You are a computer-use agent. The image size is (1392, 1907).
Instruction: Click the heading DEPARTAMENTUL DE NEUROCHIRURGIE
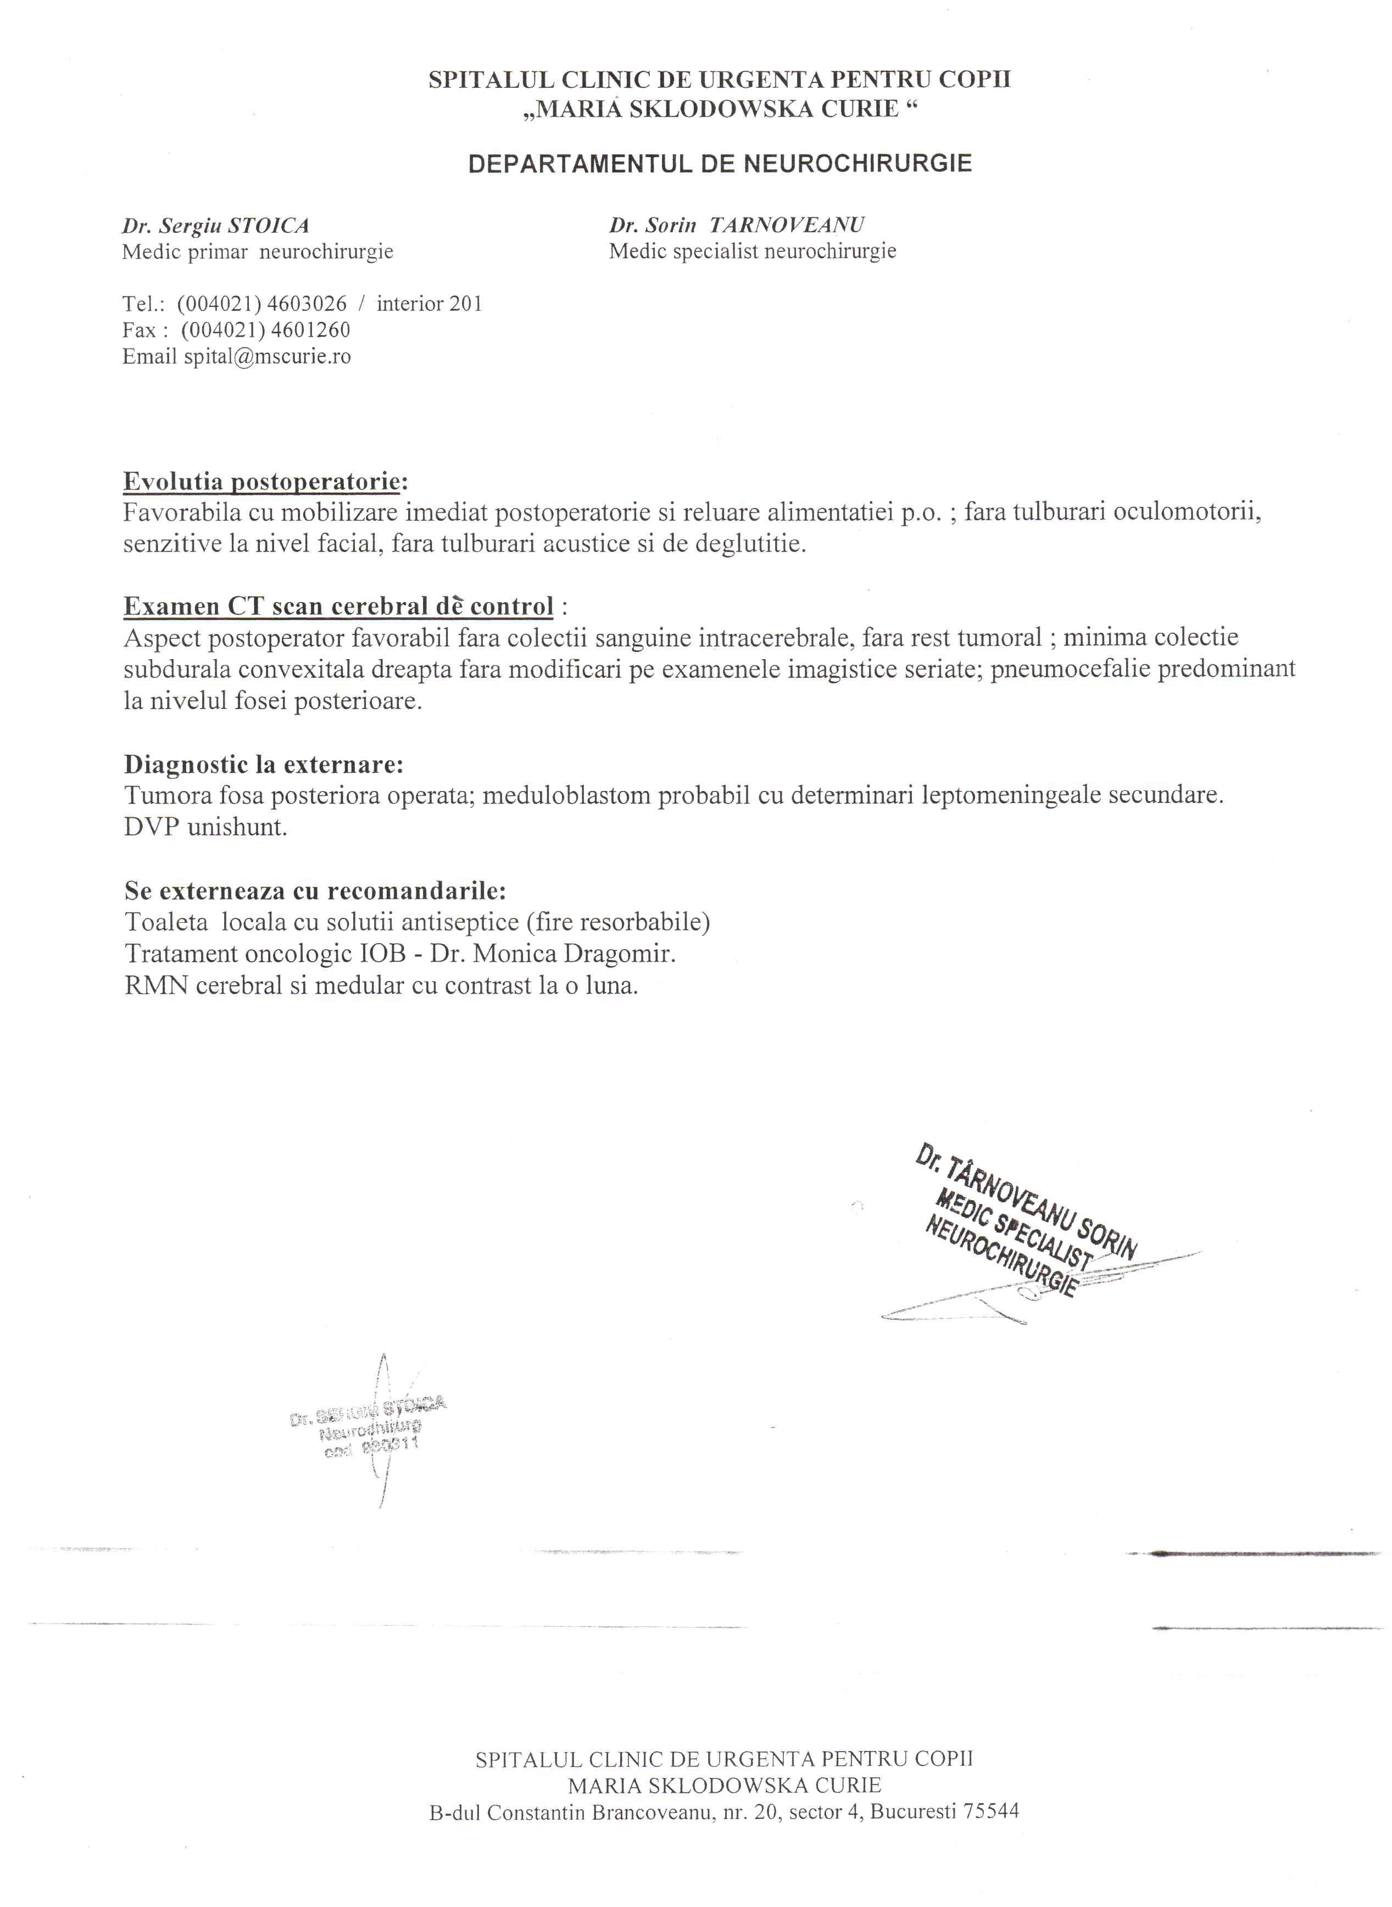click(720, 164)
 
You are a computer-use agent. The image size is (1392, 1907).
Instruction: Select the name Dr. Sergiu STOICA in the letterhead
click(216, 226)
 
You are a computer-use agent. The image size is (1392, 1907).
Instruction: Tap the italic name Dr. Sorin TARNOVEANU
click(737, 226)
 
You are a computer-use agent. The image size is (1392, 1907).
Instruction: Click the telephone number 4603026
click(306, 304)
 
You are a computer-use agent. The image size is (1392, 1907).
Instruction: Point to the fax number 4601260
click(309, 330)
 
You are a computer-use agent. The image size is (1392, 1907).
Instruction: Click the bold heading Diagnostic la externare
click(264, 765)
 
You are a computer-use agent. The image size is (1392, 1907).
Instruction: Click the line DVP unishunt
click(205, 827)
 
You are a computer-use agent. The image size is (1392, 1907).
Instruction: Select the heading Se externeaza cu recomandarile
click(315, 890)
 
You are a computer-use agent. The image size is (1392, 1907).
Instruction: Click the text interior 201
click(430, 304)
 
